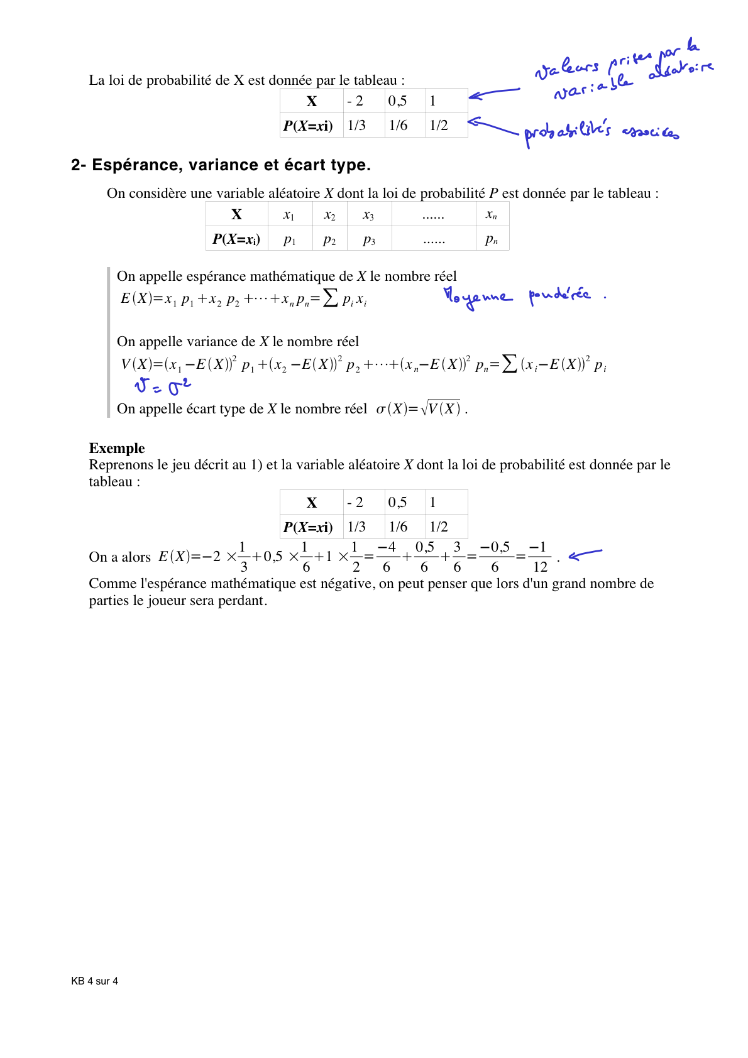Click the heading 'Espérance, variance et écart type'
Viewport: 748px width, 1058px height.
tap(231, 165)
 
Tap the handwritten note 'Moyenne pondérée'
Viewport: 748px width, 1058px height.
tap(517, 297)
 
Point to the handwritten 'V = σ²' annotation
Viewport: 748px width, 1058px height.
tap(162, 386)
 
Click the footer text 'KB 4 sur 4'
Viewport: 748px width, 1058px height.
tap(94, 981)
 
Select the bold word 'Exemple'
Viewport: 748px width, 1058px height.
tap(117, 448)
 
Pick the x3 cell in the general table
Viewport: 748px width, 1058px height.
tap(369, 215)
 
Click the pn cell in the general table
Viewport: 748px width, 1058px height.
tap(492, 239)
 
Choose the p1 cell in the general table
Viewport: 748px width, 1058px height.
tap(290, 239)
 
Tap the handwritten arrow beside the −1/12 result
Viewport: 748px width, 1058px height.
tap(585, 554)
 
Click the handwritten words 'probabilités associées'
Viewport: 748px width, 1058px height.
tap(600, 133)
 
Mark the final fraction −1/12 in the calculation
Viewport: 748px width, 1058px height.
tap(540, 557)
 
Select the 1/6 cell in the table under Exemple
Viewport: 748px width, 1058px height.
tap(399, 526)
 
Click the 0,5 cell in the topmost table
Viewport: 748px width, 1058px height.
tap(398, 101)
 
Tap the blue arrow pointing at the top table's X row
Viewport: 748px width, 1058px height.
tap(494, 93)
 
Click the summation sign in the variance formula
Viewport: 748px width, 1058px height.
tap(510, 364)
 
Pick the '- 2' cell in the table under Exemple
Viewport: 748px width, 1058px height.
tap(356, 503)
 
